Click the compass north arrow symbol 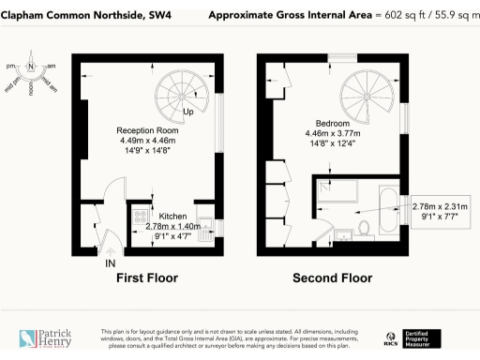(31, 67)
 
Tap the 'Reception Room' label (147, 130)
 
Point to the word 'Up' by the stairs (187, 112)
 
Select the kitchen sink (208, 226)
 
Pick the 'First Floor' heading (146, 278)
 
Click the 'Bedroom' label (332, 124)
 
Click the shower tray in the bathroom (334, 191)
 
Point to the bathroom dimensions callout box (438, 213)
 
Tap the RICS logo (392, 338)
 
